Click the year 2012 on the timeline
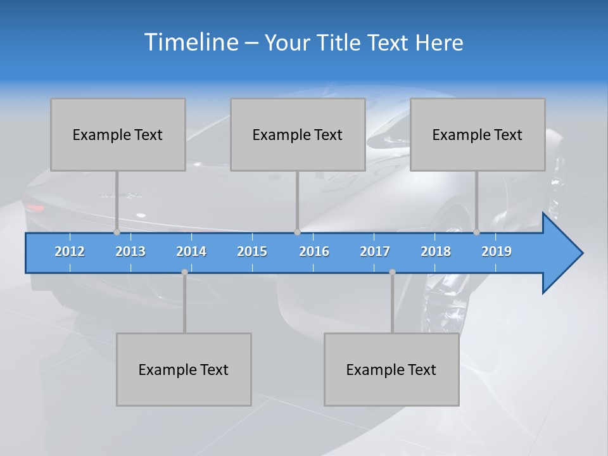pyautogui.click(x=70, y=251)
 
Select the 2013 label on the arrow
pyautogui.click(x=130, y=251)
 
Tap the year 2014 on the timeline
pyautogui.click(x=191, y=251)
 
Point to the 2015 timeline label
pyautogui.click(x=252, y=251)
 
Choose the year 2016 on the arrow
pyautogui.click(x=314, y=251)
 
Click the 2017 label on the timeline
pyautogui.click(x=375, y=251)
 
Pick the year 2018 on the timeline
pyautogui.click(x=436, y=251)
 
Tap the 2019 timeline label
pyautogui.click(x=497, y=251)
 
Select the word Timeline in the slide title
pyautogui.click(x=190, y=42)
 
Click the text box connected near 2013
pyautogui.click(x=118, y=134)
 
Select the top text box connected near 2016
pyautogui.click(x=298, y=134)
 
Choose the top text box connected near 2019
pyautogui.click(x=478, y=134)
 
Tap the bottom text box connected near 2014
pyautogui.click(x=184, y=369)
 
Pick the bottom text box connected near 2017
pyautogui.click(x=391, y=369)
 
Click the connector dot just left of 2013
pyautogui.click(x=117, y=232)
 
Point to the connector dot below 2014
pyautogui.click(x=184, y=272)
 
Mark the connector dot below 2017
pyautogui.click(x=392, y=272)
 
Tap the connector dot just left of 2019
pyautogui.click(x=476, y=232)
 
